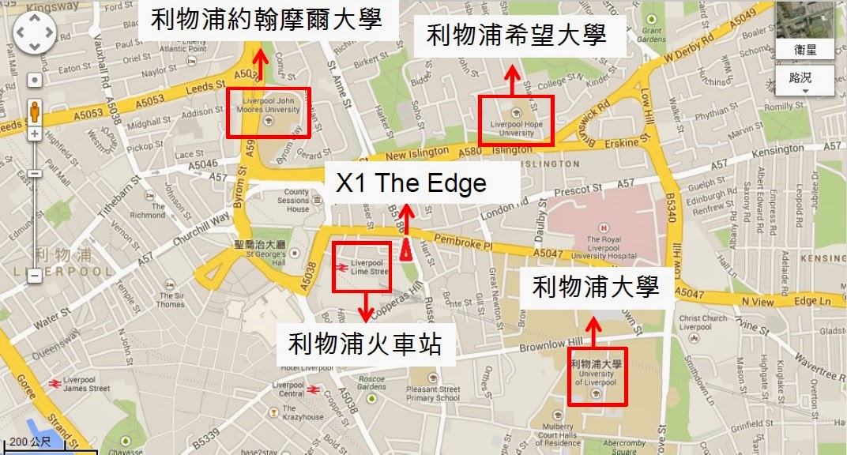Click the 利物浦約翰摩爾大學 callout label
coord(266,20)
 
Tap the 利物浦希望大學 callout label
coord(517,35)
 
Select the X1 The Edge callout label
coord(411,183)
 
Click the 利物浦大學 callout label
coord(596,287)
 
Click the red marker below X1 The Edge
coord(405,249)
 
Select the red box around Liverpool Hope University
coord(517,119)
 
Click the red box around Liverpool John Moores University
coord(269,112)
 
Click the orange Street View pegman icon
coord(34,112)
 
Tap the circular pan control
coord(34,34)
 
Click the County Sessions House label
coord(297,201)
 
